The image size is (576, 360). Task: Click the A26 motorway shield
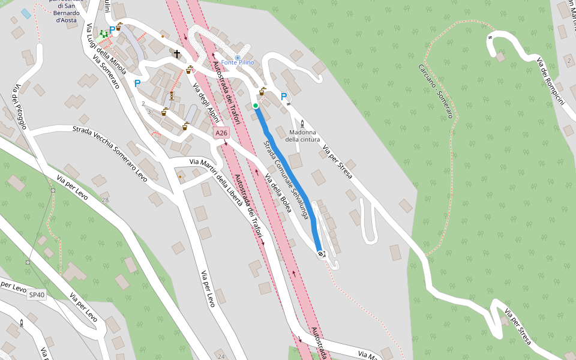pos(221,133)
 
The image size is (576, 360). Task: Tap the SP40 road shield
pos(37,295)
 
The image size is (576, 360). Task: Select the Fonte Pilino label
pos(238,62)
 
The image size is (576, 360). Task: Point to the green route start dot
pos(256,106)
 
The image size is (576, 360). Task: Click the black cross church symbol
pos(177,54)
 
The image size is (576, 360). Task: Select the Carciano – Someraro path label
pos(436,90)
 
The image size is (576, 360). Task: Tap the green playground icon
pos(104,34)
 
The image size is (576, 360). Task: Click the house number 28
pos(106,200)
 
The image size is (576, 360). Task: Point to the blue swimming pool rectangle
pos(26,13)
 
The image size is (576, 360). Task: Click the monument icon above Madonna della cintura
pos(293,124)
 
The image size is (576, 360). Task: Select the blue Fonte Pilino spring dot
pos(238,57)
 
